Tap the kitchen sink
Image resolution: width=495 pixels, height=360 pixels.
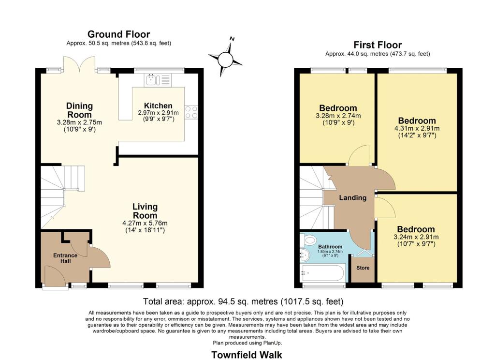[x=151, y=79]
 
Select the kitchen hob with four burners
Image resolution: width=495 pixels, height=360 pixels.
[x=191, y=112]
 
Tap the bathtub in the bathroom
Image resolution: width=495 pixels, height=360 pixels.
[x=322, y=273]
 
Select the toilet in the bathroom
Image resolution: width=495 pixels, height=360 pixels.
[x=309, y=240]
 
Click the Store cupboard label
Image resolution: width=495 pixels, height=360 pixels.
[x=363, y=268]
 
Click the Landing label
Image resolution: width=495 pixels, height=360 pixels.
[x=352, y=197]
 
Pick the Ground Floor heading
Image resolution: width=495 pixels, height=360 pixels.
[x=118, y=34]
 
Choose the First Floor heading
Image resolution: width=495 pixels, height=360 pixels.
[x=378, y=45]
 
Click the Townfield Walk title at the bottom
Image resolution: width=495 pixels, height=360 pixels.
[x=247, y=355]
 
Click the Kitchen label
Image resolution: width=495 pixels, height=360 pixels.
[x=158, y=105]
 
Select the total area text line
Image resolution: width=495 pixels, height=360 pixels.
[x=244, y=300]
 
